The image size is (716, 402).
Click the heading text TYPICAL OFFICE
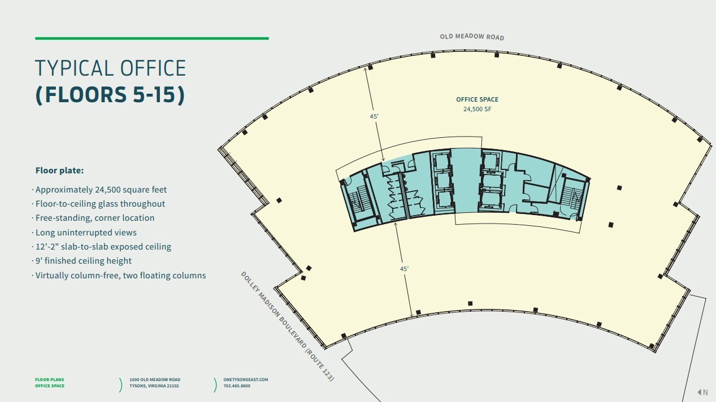[110, 68]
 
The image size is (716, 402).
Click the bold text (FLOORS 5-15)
[110, 94]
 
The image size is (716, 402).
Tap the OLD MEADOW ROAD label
[472, 37]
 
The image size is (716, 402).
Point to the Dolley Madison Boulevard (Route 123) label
[287, 326]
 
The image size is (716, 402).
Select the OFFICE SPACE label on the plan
[477, 99]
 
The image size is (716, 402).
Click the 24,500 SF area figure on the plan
[477, 109]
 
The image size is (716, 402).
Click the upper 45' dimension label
[374, 116]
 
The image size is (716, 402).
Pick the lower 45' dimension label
[404, 269]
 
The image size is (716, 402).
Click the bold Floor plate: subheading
[59, 171]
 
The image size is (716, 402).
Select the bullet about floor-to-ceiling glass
[100, 204]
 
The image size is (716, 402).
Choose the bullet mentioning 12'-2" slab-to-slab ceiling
[103, 247]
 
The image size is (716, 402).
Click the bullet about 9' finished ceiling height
[83, 260]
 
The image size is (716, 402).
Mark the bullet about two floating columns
[120, 275]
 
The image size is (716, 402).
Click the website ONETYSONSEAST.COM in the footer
[246, 379]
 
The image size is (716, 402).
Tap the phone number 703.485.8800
[237, 386]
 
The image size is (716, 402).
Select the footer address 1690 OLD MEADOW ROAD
[155, 379]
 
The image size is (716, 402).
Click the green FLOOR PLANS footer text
[50, 379]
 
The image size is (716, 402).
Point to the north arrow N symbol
[702, 392]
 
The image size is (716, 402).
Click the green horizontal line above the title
[152, 38]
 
